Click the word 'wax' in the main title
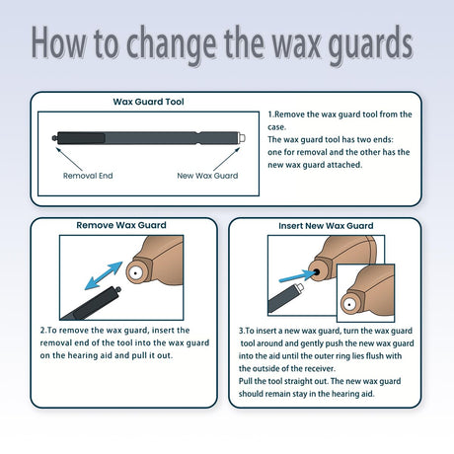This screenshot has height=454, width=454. click(x=296, y=44)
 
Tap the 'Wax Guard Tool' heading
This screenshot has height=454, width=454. click(x=148, y=102)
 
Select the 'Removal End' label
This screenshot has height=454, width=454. click(x=88, y=176)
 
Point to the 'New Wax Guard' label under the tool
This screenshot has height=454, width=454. click(x=207, y=176)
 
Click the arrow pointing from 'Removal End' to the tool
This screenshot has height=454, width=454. click(x=69, y=159)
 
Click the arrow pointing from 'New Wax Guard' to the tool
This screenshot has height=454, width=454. click(x=227, y=159)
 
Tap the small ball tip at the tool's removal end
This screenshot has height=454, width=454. click(x=54, y=138)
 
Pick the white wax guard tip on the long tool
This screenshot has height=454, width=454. click(x=242, y=137)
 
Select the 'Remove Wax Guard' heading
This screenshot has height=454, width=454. click(x=121, y=225)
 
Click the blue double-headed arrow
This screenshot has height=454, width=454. click(x=104, y=275)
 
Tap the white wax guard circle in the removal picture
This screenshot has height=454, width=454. click(x=135, y=272)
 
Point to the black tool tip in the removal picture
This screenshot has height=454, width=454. click(x=117, y=290)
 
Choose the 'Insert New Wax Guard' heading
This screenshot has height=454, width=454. click(x=326, y=226)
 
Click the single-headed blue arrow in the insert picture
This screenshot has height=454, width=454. click(x=297, y=276)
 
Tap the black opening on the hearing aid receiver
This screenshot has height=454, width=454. click(x=317, y=272)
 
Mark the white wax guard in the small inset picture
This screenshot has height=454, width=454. click(x=349, y=304)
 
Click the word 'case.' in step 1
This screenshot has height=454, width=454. click(x=276, y=127)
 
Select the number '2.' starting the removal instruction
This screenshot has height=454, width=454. click(x=43, y=331)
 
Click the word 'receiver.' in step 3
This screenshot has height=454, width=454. click(x=319, y=368)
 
